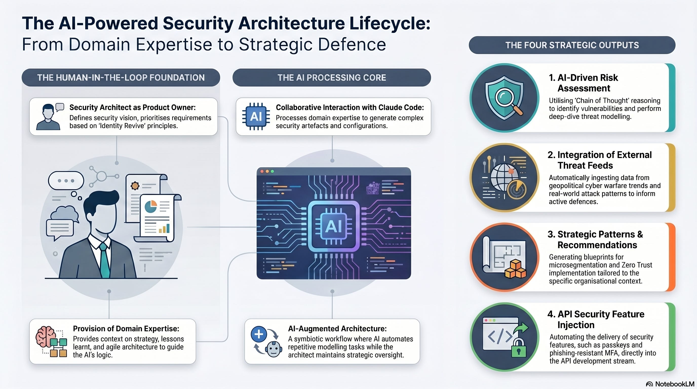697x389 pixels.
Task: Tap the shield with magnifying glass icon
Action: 504,98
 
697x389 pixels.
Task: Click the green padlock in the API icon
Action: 518,349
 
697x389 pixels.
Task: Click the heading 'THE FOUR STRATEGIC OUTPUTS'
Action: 572,45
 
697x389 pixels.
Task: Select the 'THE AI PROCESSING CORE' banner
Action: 332,78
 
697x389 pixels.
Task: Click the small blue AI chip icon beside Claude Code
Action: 256,116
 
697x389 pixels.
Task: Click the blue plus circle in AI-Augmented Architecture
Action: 259,334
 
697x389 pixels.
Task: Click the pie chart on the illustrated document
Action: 151,207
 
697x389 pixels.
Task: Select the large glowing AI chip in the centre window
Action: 334,226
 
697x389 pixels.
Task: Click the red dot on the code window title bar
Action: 262,171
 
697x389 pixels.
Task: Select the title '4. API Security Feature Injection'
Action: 596,319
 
